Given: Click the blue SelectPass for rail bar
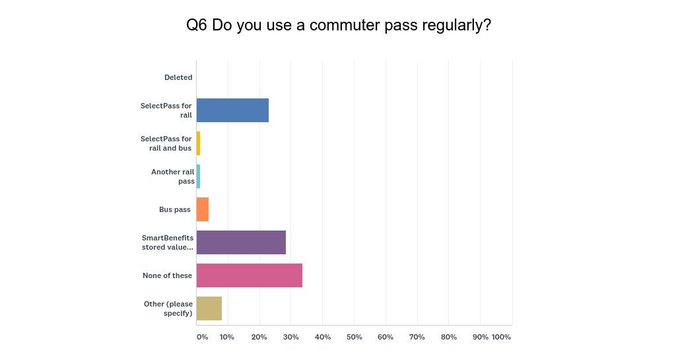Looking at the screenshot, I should (x=232, y=110).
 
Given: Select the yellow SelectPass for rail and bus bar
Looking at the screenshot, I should (x=198, y=143).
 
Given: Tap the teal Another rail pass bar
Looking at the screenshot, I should (x=198, y=176).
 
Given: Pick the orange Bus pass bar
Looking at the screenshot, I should (x=203, y=209).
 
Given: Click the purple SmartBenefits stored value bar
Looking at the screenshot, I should (x=241, y=242).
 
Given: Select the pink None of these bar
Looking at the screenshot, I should (x=250, y=275).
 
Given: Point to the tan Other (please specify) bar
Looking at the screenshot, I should (x=209, y=308).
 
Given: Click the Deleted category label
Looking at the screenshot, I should (x=178, y=77).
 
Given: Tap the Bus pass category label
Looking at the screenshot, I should (x=175, y=209).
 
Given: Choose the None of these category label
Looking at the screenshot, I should (x=168, y=275).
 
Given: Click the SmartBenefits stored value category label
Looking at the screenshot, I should (x=168, y=242).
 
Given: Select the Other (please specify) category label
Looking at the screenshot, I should (x=168, y=308).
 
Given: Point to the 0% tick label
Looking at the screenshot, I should (x=202, y=337).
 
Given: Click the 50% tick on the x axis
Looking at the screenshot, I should (x=355, y=337).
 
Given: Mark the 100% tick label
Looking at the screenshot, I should (x=501, y=337).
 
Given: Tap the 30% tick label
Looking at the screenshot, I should (x=291, y=337).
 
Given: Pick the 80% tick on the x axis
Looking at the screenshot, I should (x=449, y=337).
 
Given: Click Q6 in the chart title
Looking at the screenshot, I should (x=197, y=25).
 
